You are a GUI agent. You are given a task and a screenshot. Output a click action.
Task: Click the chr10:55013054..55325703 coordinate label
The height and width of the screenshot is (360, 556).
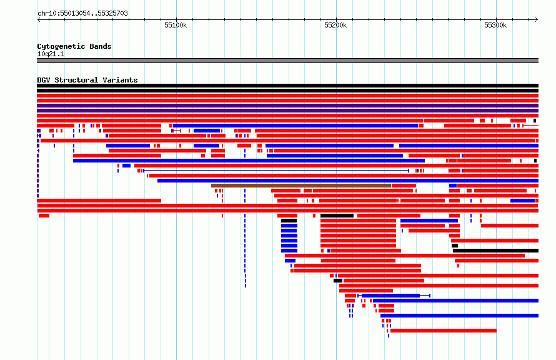point(82,14)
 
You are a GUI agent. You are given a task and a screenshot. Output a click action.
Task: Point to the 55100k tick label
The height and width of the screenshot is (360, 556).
point(176,25)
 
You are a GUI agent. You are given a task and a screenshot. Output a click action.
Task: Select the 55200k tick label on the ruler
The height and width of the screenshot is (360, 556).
point(335,25)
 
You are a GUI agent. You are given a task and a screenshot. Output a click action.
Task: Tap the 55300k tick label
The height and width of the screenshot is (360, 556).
point(495,25)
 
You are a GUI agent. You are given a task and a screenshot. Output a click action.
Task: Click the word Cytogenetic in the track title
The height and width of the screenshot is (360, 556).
point(56,46)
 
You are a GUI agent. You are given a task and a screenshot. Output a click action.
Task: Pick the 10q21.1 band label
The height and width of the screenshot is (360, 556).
point(51,54)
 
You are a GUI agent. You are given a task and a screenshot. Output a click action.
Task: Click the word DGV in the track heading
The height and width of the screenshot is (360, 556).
point(44,80)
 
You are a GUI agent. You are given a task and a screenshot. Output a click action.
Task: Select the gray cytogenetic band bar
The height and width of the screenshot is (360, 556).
point(287,61)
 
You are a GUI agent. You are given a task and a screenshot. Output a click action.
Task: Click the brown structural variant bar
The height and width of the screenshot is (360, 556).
point(301,186)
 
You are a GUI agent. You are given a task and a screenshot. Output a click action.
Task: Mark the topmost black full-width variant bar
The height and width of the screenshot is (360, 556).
point(287,86)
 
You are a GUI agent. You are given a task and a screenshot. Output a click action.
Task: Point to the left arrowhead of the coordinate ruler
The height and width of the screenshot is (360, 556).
point(39,20)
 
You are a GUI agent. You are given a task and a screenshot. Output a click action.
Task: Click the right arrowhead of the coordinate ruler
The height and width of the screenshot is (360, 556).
point(537,20)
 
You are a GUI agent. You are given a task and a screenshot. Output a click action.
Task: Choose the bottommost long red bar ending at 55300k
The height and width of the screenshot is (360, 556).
point(444,331)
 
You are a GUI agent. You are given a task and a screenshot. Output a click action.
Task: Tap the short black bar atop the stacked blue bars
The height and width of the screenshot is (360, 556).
point(289,221)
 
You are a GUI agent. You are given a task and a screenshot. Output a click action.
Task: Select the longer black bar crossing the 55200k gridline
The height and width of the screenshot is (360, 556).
point(337,216)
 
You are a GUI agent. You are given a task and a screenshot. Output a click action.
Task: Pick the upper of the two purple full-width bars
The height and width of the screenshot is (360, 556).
point(287,106)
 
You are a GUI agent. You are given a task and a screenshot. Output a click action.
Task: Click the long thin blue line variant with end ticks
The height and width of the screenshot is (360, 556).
point(276,171)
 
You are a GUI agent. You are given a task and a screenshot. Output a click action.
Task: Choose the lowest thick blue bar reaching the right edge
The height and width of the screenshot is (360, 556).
point(460,316)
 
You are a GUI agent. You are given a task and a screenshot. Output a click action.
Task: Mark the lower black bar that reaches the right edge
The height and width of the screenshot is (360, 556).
point(496,251)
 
